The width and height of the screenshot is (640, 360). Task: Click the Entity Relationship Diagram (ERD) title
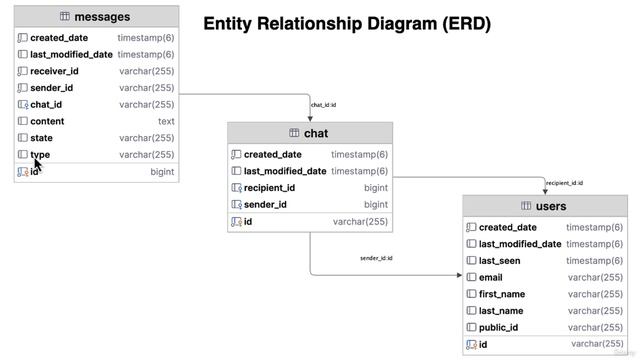pyautogui.click(x=347, y=24)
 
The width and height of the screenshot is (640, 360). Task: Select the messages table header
pyautogui.click(x=96, y=17)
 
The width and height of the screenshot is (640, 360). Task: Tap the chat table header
pyautogui.click(x=310, y=133)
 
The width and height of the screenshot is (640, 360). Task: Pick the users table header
pyautogui.click(x=544, y=206)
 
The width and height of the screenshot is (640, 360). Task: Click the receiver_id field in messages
pyautogui.click(x=54, y=71)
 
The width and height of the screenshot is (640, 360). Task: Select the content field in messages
pyautogui.click(x=47, y=121)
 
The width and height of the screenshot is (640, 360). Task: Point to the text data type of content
pyautogui.click(x=166, y=121)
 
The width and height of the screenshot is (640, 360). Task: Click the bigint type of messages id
pyautogui.click(x=162, y=172)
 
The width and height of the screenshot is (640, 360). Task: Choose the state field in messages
pyautogui.click(x=41, y=138)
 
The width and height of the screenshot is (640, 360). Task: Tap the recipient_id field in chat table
pyautogui.click(x=269, y=188)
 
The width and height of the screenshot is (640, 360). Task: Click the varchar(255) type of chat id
pyautogui.click(x=360, y=222)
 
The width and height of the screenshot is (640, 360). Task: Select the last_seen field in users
pyautogui.click(x=501, y=261)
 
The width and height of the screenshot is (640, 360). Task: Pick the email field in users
pyautogui.click(x=490, y=278)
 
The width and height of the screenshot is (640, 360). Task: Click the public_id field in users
pyautogui.click(x=498, y=328)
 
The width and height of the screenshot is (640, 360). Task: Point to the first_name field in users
pyautogui.click(x=502, y=295)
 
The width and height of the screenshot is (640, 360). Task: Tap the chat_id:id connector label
pyautogui.click(x=323, y=105)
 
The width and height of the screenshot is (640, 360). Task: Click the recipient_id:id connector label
pyautogui.click(x=564, y=183)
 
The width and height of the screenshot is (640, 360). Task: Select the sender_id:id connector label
pyautogui.click(x=376, y=259)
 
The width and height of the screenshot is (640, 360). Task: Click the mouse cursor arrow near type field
pyautogui.click(x=38, y=162)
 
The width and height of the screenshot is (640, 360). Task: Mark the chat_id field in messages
pyautogui.click(x=46, y=104)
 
